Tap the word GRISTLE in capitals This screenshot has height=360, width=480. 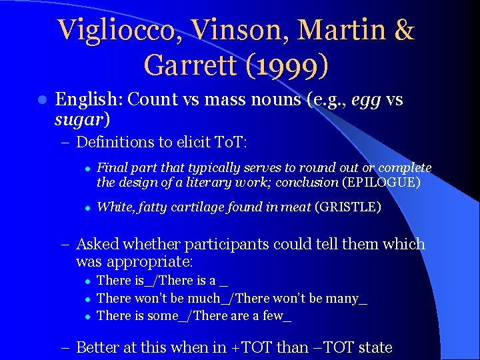pos(350,207)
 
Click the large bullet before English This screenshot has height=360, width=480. pos(41,100)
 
